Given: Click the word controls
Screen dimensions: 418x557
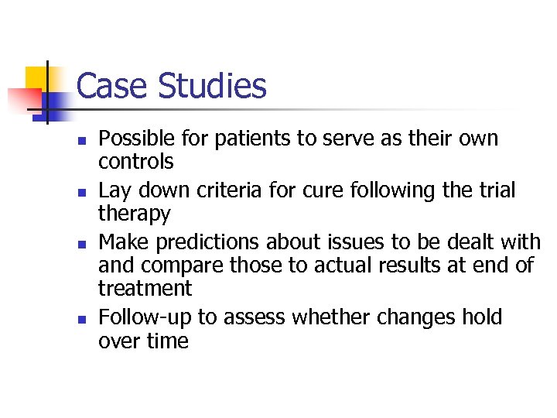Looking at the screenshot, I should pyautogui.click(x=135, y=162).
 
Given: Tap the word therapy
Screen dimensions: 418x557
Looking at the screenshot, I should pyautogui.click(x=134, y=214).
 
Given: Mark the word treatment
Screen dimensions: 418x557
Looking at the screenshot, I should pyautogui.click(x=145, y=288).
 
